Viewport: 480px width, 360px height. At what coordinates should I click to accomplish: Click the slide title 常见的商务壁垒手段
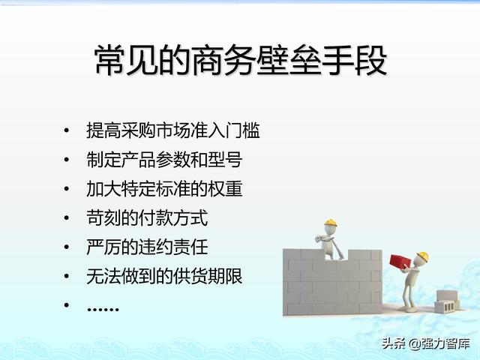(241, 60)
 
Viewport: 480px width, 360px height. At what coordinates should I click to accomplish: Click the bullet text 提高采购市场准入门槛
(173, 130)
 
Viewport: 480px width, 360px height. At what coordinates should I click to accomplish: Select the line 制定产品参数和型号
(164, 160)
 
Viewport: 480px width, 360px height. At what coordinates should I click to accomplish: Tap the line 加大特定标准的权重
(164, 189)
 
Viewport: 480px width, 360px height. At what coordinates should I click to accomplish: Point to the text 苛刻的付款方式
(147, 218)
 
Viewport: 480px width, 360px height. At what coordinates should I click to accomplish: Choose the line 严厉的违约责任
(147, 247)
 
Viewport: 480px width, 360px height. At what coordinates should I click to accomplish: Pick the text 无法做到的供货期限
(164, 276)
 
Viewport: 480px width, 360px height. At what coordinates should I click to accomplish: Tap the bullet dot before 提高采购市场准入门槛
(67, 130)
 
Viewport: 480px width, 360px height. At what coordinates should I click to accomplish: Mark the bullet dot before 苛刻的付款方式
(67, 218)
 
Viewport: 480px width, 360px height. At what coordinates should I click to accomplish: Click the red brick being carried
(400, 262)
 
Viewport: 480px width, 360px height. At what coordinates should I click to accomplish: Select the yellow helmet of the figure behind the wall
(331, 223)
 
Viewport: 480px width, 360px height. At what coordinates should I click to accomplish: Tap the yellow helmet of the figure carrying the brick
(423, 256)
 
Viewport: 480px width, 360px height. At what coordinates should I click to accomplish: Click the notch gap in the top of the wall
(336, 255)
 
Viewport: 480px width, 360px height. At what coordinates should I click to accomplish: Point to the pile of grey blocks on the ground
(447, 301)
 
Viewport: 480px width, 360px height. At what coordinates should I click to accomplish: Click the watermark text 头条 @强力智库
(425, 343)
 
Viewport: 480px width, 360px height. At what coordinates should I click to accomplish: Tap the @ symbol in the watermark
(414, 343)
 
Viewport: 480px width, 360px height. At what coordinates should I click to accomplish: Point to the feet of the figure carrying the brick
(408, 309)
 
